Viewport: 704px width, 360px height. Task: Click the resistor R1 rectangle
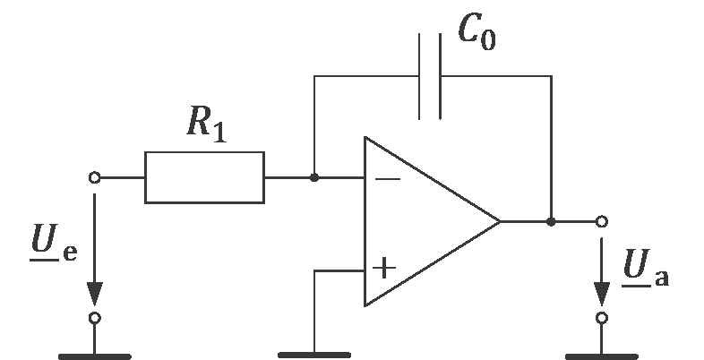[204, 177]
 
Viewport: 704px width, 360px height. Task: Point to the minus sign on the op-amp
[387, 179]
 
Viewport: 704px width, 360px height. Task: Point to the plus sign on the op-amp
[385, 268]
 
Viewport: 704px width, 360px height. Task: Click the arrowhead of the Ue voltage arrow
[95, 294]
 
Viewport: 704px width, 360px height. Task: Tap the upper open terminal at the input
[95, 177]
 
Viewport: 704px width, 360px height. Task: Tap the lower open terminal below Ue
[95, 318]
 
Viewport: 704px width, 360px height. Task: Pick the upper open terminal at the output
[603, 220]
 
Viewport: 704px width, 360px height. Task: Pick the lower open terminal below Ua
[603, 318]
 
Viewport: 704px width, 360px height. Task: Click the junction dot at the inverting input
[314, 177]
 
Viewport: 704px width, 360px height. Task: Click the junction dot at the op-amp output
[551, 220]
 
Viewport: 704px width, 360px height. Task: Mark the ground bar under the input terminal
[95, 356]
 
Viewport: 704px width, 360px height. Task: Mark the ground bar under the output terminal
[603, 356]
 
